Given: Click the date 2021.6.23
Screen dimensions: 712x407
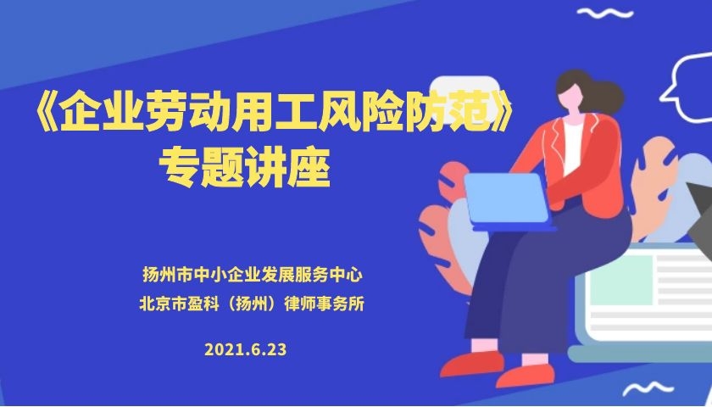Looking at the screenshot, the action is click(x=245, y=349).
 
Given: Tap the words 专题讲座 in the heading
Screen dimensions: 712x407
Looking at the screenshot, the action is click(x=244, y=169).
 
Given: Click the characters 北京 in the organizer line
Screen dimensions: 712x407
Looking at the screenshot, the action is click(x=155, y=304).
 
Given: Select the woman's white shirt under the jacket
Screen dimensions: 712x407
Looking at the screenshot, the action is click(x=573, y=145).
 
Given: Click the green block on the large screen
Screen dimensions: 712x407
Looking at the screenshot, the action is click(x=620, y=279).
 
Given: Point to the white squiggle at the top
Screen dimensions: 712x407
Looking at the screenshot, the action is click(x=605, y=13).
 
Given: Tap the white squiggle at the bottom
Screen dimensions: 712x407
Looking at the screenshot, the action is click(x=648, y=388).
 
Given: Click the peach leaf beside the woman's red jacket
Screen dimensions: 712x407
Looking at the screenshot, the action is click(x=654, y=187).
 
